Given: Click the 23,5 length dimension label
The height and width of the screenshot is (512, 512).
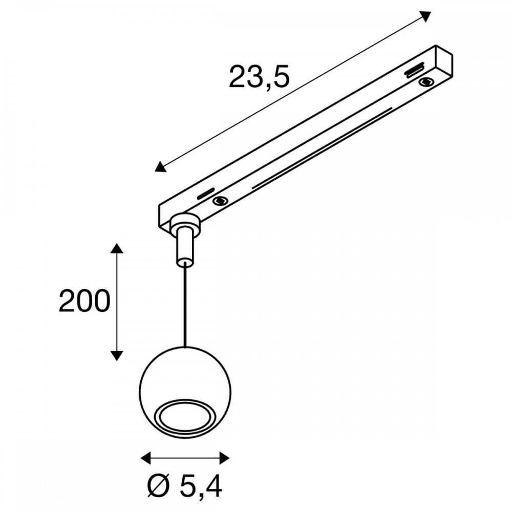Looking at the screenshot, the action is click(x=259, y=78).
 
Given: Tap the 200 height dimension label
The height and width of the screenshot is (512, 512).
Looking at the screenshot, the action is click(x=84, y=301).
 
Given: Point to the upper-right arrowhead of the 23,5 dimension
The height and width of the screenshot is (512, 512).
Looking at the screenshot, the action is click(x=425, y=16).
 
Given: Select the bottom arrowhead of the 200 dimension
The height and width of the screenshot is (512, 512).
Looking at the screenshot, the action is click(x=117, y=355).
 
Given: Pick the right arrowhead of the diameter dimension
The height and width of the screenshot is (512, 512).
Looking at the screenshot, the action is click(x=224, y=458).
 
